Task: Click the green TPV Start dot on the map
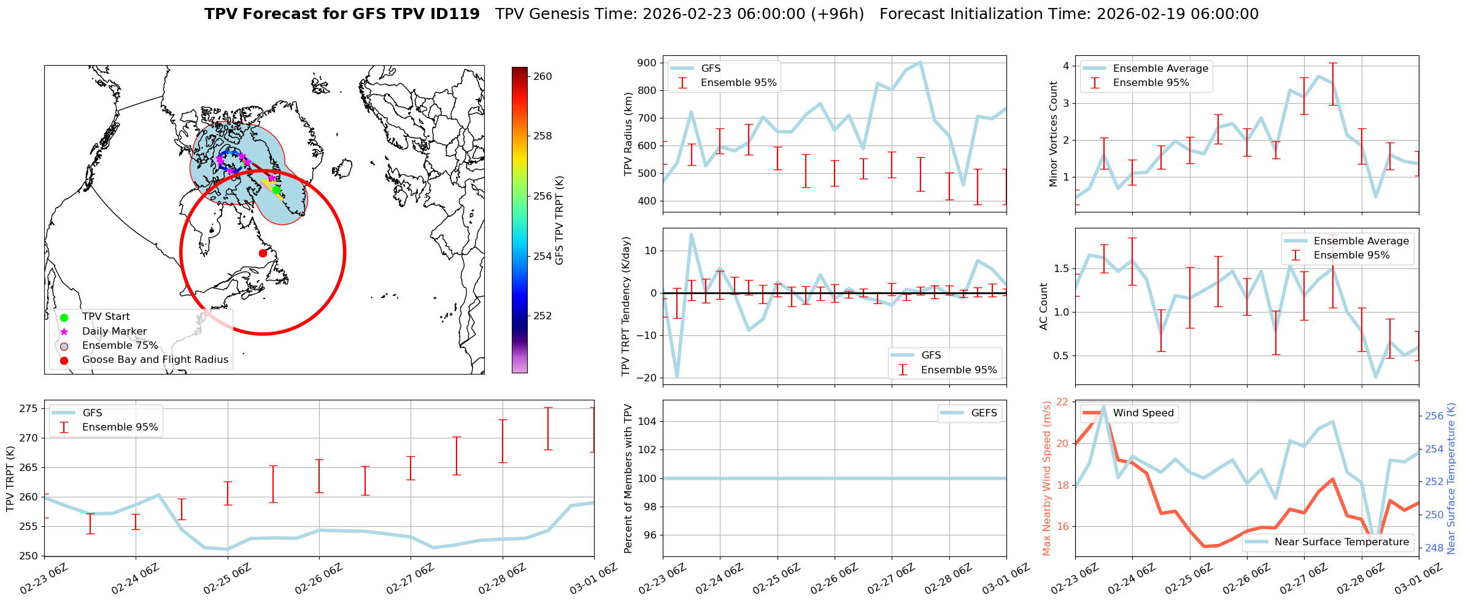(276, 190)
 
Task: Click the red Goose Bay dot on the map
(263, 253)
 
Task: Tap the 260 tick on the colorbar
(542, 77)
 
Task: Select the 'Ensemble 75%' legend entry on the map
(120, 346)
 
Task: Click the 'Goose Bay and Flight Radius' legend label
(155, 360)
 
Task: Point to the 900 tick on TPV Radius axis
(647, 63)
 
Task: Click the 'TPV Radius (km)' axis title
(628, 134)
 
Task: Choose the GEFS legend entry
(984, 413)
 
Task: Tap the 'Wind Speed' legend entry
(1143, 413)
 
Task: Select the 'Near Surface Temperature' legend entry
(1341, 542)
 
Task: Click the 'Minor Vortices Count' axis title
(1054, 134)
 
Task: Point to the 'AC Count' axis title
(1044, 306)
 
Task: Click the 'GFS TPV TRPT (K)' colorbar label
(559, 220)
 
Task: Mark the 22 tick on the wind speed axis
(1062, 402)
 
